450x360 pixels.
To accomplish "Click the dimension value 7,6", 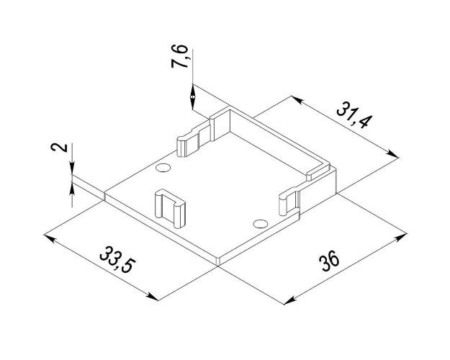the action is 180,57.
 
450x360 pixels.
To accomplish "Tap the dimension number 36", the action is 330,261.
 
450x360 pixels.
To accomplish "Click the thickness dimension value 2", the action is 60,148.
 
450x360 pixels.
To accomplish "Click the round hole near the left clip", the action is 163,168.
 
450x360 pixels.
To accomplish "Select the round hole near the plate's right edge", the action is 261,223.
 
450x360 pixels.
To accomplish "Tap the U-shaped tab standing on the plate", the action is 170,207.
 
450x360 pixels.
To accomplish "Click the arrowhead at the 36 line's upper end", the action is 400,237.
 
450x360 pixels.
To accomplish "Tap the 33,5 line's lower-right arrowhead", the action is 152,296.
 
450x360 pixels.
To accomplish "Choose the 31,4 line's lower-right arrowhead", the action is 392,153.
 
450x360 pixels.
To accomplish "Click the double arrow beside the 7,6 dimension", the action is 193,96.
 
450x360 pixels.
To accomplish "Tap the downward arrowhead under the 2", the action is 72,168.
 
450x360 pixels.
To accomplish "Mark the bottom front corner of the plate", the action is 218,264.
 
